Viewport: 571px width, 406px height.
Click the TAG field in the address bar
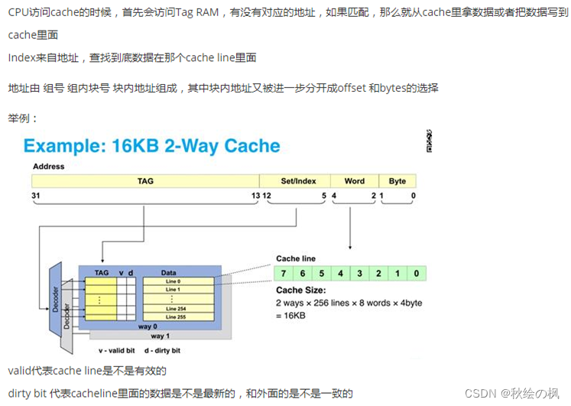(x=145, y=181)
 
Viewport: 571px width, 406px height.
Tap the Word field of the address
(x=354, y=181)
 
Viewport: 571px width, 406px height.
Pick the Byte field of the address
(x=397, y=181)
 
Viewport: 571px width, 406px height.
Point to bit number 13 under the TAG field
(x=255, y=197)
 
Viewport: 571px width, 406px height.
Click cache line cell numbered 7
(x=283, y=273)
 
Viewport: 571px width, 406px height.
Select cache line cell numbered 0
(x=416, y=273)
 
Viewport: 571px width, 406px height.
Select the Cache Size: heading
(x=300, y=291)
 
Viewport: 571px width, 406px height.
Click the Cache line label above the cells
(x=295, y=258)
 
